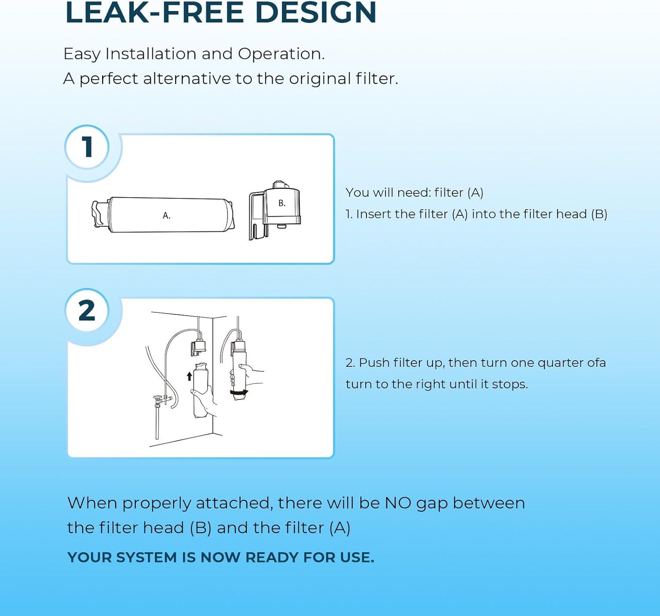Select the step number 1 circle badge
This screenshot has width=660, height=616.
(87, 147)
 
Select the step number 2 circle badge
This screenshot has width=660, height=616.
(87, 310)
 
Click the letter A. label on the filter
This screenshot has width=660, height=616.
(166, 215)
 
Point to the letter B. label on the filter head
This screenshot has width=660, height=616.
(282, 203)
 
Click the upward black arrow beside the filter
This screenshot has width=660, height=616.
(190, 376)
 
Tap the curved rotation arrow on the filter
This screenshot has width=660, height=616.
(239, 393)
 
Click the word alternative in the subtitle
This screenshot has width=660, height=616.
(187, 79)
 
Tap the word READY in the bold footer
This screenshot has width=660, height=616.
(271, 557)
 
